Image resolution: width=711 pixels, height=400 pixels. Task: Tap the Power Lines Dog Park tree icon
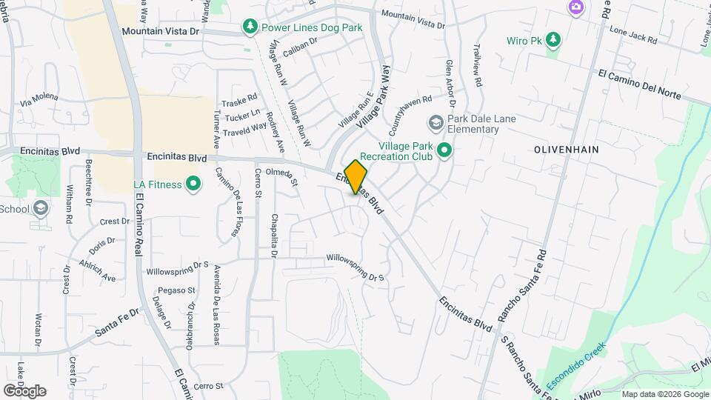250,28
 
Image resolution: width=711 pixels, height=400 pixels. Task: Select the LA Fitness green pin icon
193,183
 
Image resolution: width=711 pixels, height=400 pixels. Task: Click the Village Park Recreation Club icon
444,151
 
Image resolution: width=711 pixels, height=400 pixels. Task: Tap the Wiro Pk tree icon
553,39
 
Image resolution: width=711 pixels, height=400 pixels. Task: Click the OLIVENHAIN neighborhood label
566,150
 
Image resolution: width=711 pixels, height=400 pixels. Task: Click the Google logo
24,391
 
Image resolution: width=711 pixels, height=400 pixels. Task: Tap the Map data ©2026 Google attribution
664,394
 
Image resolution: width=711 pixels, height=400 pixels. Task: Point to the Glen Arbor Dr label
450,83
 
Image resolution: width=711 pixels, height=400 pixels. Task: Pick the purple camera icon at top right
575,7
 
